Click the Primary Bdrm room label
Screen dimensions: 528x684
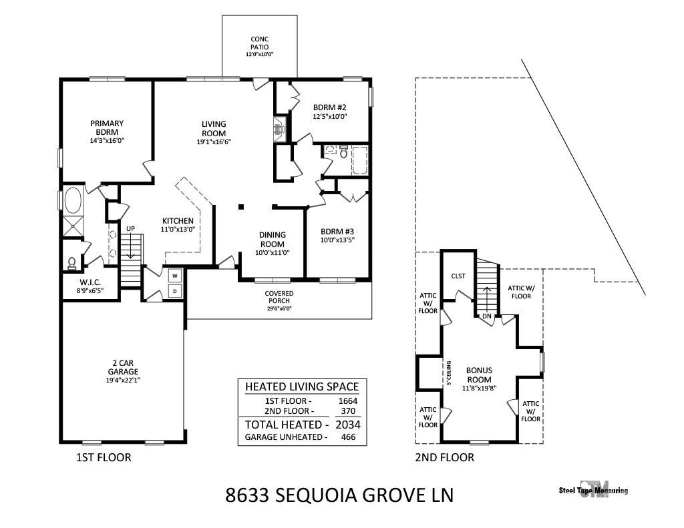107,127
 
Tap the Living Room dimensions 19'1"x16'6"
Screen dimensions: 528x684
214,142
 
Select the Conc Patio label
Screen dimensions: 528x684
260,43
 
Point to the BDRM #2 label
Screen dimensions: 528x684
330,107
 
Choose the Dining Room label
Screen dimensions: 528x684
273,239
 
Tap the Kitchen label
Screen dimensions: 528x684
178,221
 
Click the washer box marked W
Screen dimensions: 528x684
175,275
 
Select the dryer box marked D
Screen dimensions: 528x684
175,291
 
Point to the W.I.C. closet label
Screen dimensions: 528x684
90,282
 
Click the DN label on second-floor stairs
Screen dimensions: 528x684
486,316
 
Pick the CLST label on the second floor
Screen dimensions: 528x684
458,276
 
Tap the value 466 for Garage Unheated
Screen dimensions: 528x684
347,437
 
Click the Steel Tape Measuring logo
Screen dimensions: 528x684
593,489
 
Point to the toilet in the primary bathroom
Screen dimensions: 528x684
72,263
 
